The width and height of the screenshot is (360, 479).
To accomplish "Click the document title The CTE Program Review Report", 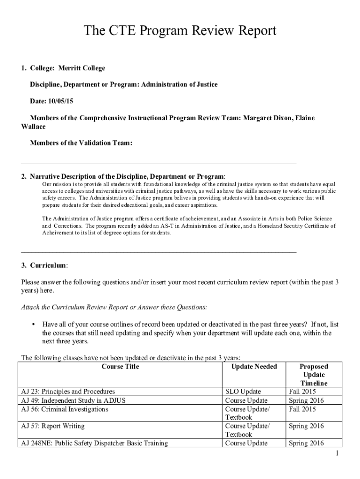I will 180,31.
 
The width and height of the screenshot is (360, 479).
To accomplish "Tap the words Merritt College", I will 82,68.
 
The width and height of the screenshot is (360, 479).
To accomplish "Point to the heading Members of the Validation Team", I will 81,143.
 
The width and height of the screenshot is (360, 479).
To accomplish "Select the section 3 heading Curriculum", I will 49,265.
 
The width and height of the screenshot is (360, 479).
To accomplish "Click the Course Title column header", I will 120,367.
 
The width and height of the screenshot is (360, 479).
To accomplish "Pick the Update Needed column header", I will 254,367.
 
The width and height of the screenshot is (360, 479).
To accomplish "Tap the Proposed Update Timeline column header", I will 314,375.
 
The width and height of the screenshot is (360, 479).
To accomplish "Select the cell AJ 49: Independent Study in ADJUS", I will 73,400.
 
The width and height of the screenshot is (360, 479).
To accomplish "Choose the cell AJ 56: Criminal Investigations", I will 65,409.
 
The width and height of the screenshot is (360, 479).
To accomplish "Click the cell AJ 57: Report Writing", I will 53,426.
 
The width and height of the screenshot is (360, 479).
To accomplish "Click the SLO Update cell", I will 243,392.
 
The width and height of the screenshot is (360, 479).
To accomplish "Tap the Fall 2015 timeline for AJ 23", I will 302,392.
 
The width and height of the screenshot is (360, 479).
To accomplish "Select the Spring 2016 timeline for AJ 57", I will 306,426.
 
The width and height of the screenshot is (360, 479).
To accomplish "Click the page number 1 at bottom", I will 337,454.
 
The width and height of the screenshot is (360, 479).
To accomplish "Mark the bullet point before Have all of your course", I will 33,325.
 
